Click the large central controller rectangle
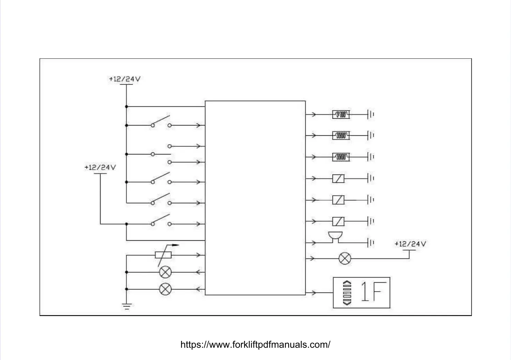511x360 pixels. click(x=255, y=198)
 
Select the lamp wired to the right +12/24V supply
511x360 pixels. click(x=345, y=258)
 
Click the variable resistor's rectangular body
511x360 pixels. click(x=163, y=255)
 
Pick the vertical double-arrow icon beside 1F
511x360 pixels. click(x=347, y=292)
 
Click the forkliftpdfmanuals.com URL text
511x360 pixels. click(x=255, y=344)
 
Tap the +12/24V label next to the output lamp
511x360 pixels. click(x=410, y=244)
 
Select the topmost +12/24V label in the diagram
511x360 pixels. click(x=125, y=79)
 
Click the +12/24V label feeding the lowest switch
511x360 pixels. click(x=100, y=167)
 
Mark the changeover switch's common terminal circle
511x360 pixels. click(x=153, y=154)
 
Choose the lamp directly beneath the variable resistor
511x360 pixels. click(x=166, y=272)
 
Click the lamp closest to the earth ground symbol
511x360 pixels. click(x=166, y=289)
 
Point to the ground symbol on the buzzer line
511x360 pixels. click(x=371, y=243)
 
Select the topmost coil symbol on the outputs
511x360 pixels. click(x=341, y=115)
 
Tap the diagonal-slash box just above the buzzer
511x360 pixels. click(x=338, y=222)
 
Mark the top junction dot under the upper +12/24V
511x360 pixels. click(x=126, y=107)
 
